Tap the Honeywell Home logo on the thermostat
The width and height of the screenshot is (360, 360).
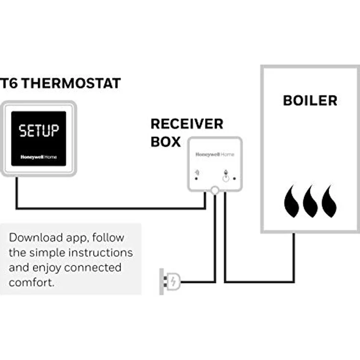[39, 157]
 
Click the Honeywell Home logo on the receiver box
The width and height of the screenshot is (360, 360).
[215, 155]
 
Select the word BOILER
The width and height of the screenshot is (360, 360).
[310, 101]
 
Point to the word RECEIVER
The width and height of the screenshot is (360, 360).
[187, 124]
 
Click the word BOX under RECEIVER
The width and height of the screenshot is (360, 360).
[165, 142]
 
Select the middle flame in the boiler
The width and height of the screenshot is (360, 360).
[311, 201]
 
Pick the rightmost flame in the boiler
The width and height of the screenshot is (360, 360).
[329, 201]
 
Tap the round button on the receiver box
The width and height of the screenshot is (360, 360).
[225, 179]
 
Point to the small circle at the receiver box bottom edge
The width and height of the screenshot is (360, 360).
[214, 191]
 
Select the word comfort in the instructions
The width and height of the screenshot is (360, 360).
[30, 283]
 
